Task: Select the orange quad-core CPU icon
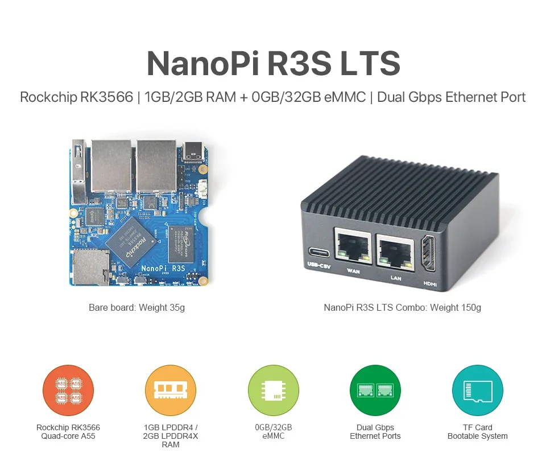click(68, 390)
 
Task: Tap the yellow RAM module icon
click(171, 390)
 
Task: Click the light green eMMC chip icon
click(273, 390)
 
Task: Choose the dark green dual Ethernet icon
click(375, 390)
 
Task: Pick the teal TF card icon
click(478, 390)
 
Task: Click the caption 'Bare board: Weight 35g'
click(136, 308)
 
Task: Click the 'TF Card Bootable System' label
click(477, 432)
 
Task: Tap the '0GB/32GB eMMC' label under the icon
click(273, 432)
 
